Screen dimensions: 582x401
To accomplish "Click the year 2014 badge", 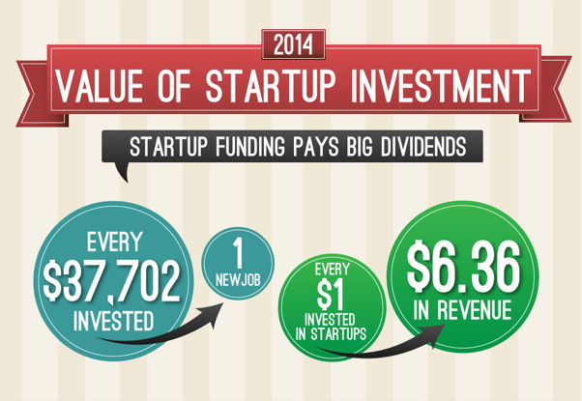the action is click(293, 44).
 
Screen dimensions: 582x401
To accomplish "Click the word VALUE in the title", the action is click(100, 86).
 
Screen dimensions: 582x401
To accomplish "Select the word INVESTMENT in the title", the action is click(441, 86).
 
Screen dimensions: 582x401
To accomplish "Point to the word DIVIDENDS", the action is click(423, 146).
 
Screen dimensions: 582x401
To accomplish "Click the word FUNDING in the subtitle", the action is click(250, 146).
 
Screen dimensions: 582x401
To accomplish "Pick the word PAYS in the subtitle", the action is click(316, 146).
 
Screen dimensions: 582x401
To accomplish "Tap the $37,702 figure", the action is click(111, 280).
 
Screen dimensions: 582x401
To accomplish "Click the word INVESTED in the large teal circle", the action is click(113, 321).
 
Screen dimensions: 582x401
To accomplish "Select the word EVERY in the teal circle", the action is click(115, 242).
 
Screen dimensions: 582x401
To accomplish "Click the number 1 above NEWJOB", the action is click(238, 253).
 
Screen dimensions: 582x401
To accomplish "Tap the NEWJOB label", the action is click(238, 280).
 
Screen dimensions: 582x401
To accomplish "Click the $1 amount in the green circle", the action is click(331, 295).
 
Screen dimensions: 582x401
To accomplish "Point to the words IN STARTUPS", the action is click(331, 334).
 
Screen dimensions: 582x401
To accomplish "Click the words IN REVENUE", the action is click(462, 310).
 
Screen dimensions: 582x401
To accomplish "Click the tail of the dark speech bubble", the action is click(124, 172).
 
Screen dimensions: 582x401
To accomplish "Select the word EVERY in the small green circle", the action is click(333, 270).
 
